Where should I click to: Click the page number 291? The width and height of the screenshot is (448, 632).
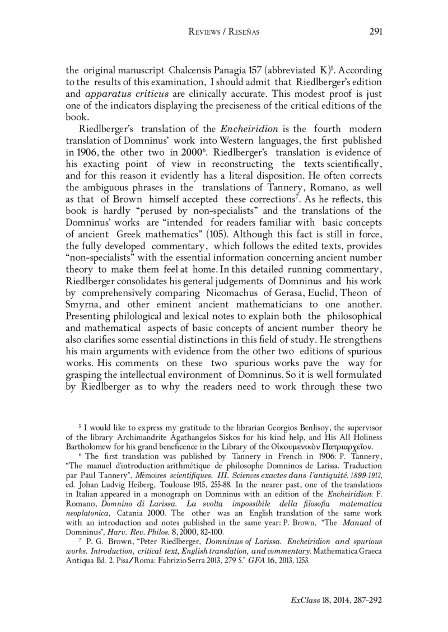376,32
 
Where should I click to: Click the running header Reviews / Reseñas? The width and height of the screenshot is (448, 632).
224,32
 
